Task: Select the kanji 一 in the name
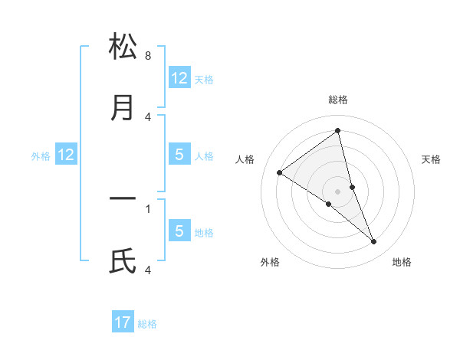(123, 199)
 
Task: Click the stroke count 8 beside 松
(148, 55)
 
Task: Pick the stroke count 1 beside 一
(148, 208)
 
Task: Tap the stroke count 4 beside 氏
(148, 270)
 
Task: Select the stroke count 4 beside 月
(148, 116)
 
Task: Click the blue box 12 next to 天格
(179, 77)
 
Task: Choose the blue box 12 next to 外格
(66, 155)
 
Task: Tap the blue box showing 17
(123, 322)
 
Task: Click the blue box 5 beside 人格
(179, 155)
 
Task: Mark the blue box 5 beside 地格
(179, 231)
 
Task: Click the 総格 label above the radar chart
(338, 100)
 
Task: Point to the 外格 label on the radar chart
(270, 262)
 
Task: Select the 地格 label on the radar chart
(402, 262)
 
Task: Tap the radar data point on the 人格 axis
(280, 172)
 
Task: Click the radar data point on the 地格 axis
(374, 242)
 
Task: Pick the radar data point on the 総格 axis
(338, 131)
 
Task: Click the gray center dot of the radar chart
(338, 191)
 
